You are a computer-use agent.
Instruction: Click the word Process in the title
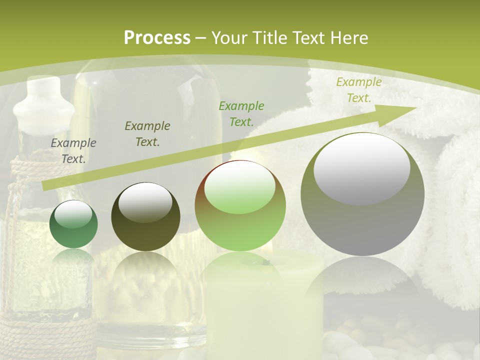[157, 38]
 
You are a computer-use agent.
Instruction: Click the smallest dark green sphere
[73, 224]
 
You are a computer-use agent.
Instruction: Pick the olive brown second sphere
[145, 217]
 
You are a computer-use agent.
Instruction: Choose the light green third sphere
[240, 206]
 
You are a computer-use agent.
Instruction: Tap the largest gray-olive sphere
[362, 195]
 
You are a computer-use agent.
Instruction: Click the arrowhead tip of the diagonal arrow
[415, 108]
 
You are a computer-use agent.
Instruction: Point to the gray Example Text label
[73, 150]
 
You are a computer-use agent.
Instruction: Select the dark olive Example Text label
[147, 133]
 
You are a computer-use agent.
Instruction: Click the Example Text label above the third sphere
[241, 113]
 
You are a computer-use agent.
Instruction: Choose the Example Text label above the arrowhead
[358, 90]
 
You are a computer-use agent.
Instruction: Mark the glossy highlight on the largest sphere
[361, 167]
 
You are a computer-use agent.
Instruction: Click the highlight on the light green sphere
[240, 187]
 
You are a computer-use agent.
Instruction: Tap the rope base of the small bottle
[47, 335]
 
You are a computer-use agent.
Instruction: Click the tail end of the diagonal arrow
[45, 186]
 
